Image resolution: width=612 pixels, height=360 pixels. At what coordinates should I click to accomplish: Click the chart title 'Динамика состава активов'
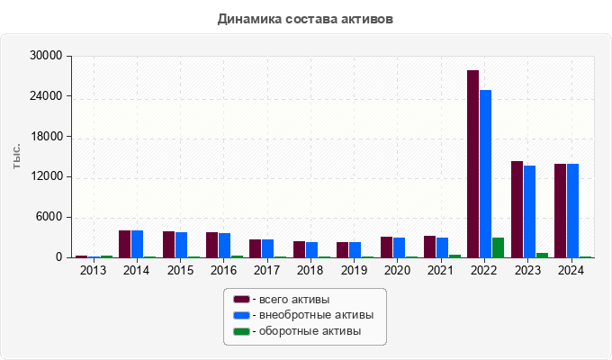point(305,18)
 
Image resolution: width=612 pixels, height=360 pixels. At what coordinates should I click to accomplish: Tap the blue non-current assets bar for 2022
point(485,174)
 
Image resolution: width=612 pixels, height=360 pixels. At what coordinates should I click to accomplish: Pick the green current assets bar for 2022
point(498,247)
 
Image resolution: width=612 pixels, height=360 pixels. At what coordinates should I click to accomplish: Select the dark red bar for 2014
point(125,244)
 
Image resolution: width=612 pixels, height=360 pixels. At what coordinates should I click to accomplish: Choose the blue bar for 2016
point(224,246)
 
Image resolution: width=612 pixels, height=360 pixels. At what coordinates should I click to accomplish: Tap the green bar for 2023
point(542,255)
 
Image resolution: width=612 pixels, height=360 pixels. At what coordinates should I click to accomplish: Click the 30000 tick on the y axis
point(46,56)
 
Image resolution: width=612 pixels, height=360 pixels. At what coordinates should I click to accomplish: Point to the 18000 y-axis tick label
point(46,137)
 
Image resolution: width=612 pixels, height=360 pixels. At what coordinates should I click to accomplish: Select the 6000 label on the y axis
point(49,217)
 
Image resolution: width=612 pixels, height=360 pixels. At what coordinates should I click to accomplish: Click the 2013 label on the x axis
point(93,270)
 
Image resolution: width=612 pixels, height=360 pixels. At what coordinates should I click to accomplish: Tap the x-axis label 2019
point(354,270)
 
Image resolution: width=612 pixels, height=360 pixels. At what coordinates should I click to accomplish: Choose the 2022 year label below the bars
point(484,270)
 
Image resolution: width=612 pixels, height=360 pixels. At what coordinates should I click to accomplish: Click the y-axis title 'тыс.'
point(16,157)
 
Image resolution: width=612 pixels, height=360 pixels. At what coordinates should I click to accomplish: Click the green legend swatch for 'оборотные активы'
point(241,331)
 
